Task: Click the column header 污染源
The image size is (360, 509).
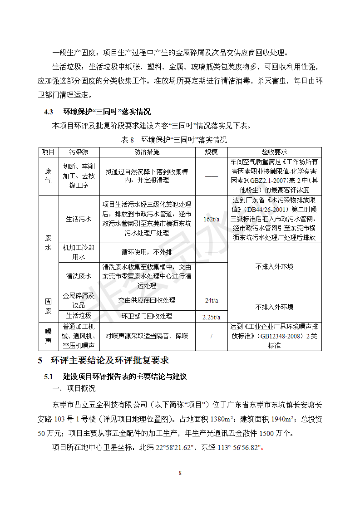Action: click(79, 152)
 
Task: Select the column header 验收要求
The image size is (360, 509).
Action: click(274, 152)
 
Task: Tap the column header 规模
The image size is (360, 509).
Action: click(211, 152)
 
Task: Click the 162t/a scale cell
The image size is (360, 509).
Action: click(211, 219)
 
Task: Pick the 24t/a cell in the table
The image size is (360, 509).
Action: click(211, 300)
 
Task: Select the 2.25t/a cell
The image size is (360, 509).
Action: click(211, 316)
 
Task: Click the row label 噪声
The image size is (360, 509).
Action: click(48, 336)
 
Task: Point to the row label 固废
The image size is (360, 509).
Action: click(48, 306)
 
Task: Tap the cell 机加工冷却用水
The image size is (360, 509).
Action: click(79, 252)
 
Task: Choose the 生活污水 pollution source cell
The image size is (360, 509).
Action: click(79, 219)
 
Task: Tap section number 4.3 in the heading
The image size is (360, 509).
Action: click(49, 112)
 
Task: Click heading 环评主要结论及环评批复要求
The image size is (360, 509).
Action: click(107, 360)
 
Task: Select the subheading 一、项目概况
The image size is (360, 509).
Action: click(74, 388)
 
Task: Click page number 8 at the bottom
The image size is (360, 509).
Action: click(180, 473)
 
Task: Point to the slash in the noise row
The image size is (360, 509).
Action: click(211, 336)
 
